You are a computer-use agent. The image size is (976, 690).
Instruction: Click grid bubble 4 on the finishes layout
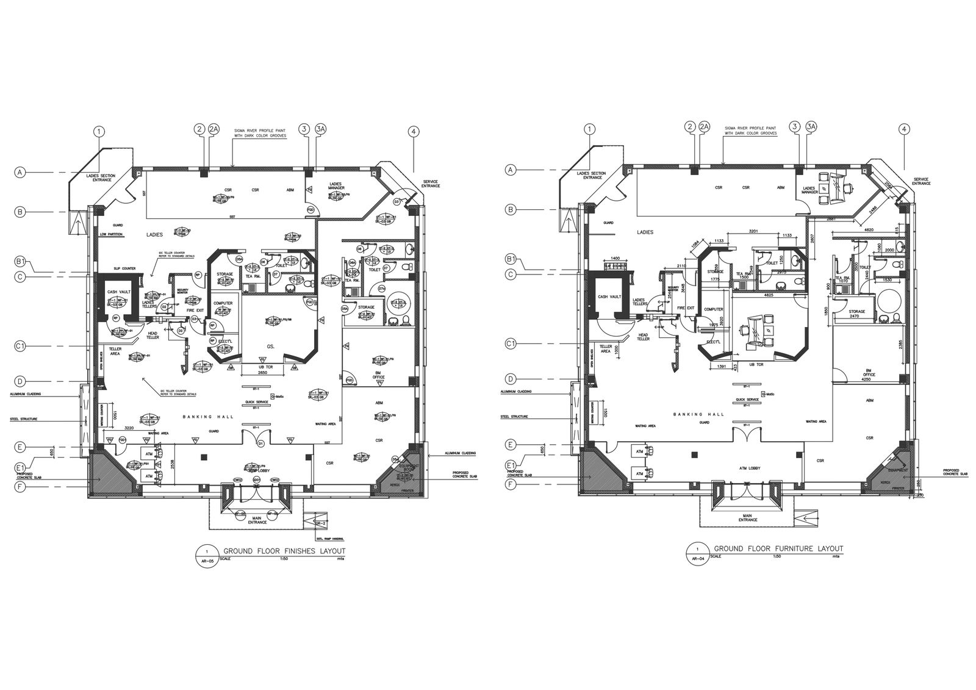(x=414, y=131)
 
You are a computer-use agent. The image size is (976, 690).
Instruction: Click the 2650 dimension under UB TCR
(x=263, y=372)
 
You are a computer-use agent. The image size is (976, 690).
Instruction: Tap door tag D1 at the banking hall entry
(x=260, y=442)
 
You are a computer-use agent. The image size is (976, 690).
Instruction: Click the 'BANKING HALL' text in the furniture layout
(x=698, y=414)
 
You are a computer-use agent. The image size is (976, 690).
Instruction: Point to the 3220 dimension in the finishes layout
(x=129, y=428)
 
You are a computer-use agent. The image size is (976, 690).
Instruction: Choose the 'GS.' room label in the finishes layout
(x=270, y=346)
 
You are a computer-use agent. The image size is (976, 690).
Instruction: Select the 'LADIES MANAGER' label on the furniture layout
(x=809, y=190)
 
